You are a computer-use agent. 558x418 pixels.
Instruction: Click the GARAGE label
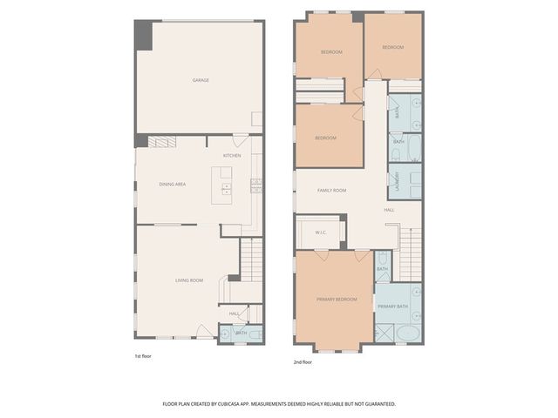[x=201, y=80]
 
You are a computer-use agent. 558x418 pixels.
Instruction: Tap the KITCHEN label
[x=232, y=156]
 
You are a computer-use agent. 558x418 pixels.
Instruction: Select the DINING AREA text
[x=173, y=185]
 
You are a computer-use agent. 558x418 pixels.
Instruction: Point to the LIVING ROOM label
[x=189, y=280]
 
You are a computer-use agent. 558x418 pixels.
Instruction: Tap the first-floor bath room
[x=237, y=333]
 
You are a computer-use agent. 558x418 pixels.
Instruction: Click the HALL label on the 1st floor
[x=235, y=313]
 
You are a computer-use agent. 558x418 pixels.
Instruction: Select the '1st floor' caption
[x=144, y=357]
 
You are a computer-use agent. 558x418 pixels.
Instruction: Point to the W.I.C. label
[x=320, y=232]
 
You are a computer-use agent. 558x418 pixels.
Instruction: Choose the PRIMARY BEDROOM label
[x=336, y=299]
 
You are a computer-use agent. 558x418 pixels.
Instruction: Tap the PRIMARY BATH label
[x=392, y=307]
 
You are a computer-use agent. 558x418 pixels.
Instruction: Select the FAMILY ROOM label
[x=331, y=190]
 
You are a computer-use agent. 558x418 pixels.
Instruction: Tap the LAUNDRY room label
[x=398, y=179]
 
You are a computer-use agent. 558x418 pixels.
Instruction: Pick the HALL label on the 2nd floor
[x=390, y=210]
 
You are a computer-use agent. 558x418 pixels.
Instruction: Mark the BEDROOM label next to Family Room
[x=326, y=138]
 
